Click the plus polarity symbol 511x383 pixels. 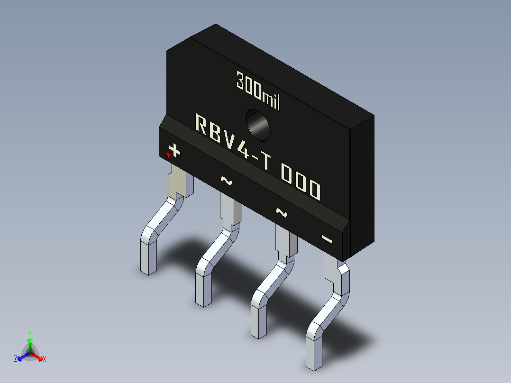(x=175, y=151)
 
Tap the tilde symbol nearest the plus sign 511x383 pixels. (x=226, y=180)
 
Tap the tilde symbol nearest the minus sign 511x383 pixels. (x=282, y=212)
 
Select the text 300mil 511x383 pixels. (x=258, y=91)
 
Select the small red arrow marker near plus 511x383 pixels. (x=168, y=154)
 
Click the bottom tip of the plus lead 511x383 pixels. (x=148, y=271)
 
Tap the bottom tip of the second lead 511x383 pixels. (x=203, y=302)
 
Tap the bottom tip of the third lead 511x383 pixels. (x=259, y=334)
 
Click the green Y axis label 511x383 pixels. (x=30, y=333)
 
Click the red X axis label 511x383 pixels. (x=44, y=359)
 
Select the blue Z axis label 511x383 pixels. (x=16, y=359)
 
